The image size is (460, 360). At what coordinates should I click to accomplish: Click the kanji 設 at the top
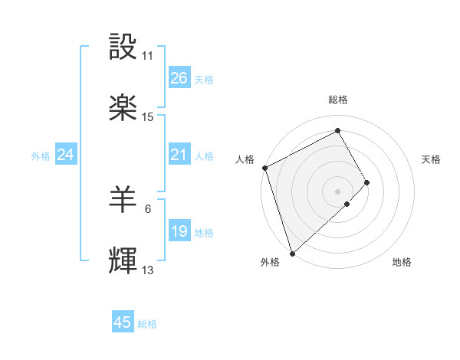(123, 47)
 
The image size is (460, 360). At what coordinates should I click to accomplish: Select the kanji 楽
(123, 108)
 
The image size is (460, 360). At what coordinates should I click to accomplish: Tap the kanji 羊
(123, 200)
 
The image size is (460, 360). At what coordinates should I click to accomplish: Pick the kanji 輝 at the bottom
(123, 261)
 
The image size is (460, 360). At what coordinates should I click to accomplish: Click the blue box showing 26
(179, 78)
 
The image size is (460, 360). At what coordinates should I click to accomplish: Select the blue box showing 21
(179, 155)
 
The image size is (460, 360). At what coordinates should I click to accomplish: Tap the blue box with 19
(179, 231)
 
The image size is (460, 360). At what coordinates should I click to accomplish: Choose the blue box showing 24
(65, 155)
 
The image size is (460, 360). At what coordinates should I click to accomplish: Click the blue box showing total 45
(123, 322)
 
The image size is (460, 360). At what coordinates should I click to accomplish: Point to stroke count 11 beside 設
(147, 56)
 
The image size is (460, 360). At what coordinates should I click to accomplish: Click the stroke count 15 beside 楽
(148, 117)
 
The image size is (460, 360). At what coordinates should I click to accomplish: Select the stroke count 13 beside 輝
(148, 270)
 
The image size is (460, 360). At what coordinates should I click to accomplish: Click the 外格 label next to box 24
(41, 155)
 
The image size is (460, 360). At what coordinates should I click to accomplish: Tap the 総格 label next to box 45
(147, 324)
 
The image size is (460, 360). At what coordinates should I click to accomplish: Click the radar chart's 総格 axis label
(338, 100)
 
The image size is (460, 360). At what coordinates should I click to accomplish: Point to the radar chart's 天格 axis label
(431, 159)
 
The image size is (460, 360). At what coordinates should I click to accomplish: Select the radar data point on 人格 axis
(264, 168)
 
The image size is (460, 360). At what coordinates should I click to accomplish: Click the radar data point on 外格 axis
(292, 252)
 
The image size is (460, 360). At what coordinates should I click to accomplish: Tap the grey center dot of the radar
(338, 190)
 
